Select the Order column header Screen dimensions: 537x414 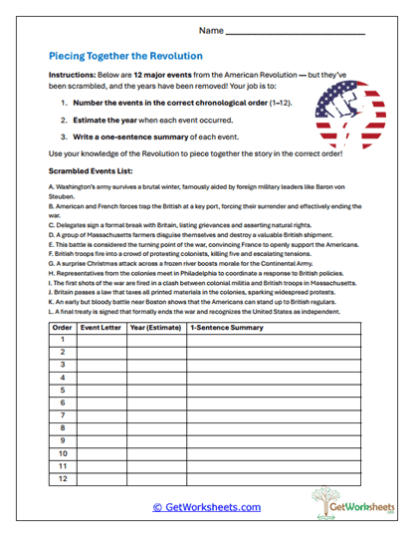pos(62,327)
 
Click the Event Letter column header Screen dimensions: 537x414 pos(102,327)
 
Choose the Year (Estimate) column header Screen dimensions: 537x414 pos(155,327)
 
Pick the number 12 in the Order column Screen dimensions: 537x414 pos(62,479)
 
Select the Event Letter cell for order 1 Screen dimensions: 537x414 pos(102,340)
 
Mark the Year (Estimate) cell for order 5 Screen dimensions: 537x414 pos(155,391)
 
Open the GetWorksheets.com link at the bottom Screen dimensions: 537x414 pos(207,507)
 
